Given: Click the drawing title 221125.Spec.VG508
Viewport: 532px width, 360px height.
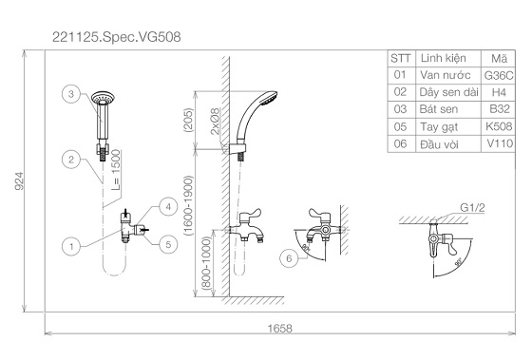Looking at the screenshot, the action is coord(116,37).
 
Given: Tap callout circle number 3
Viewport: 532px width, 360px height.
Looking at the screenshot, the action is coord(71,94).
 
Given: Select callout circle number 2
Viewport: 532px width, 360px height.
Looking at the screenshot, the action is coord(71,160).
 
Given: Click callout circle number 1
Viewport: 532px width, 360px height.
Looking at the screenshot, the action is coord(71,246).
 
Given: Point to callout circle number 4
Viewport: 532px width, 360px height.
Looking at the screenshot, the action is coord(168,207).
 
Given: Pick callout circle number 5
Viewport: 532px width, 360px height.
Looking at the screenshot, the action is coord(168,244).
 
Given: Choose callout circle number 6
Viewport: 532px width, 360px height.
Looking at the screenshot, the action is coord(289,258).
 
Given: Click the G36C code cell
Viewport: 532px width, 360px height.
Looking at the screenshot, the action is coord(499,75).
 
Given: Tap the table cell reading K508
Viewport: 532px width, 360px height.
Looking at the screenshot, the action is coord(499,126).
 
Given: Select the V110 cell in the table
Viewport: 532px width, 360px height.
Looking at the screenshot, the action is coord(499,143).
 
